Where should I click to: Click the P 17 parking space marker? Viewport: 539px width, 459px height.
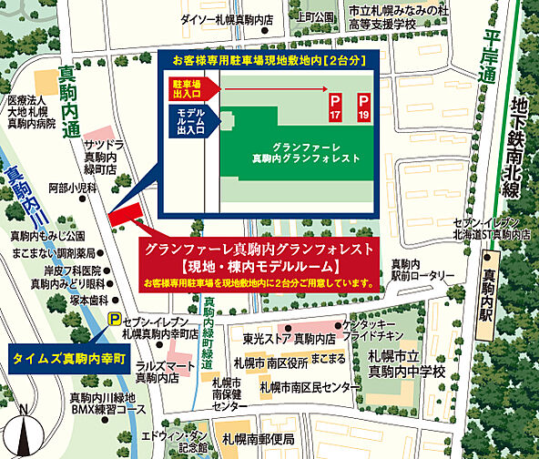pyautogui.click(x=334, y=105)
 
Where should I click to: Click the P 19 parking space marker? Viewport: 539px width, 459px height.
pyautogui.click(x=364, y=105)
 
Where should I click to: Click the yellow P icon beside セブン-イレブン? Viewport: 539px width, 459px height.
pyautogui.click(x=114, y=319)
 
